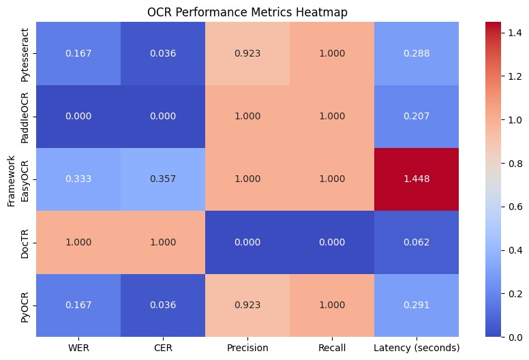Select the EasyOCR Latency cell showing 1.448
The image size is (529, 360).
click(x=416, y=179)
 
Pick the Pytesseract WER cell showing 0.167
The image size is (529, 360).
click(x=78, y=52)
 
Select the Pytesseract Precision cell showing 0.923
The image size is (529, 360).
click(x=247, y=52)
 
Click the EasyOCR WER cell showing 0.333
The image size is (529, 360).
click(x=78, y=179)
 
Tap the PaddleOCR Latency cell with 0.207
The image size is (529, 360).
click(x=416, y=116)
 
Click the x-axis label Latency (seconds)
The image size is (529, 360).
click(x=416, y=348)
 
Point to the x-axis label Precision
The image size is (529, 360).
click(x=247, y=348)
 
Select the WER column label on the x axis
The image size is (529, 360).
click(x=78, y=348)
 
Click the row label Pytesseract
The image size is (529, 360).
click(x=25, y=52)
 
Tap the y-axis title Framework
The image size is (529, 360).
click(x=10, y=179)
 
